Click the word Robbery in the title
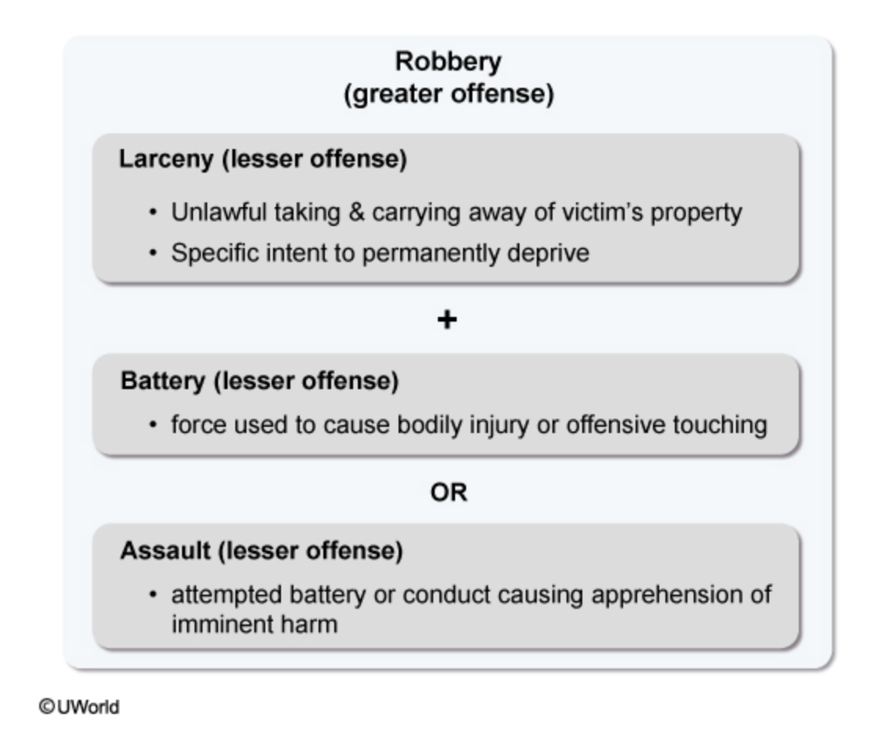(448, 61)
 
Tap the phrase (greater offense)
(448, 94)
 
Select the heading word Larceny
(166, 159)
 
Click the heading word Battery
(162, 381)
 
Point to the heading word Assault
(165, 551)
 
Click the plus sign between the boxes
(447, 320)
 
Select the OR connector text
(448, 493)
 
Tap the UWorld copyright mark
(79, 707)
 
